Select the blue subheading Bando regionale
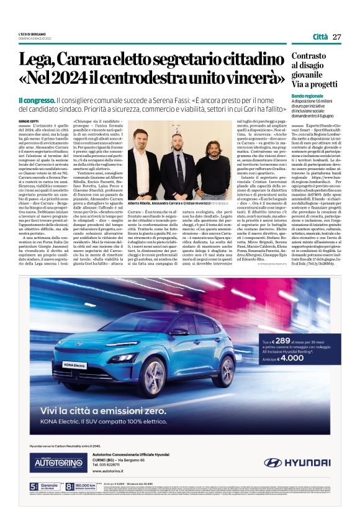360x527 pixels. point(307,96)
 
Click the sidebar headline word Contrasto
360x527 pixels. point(308,56)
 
